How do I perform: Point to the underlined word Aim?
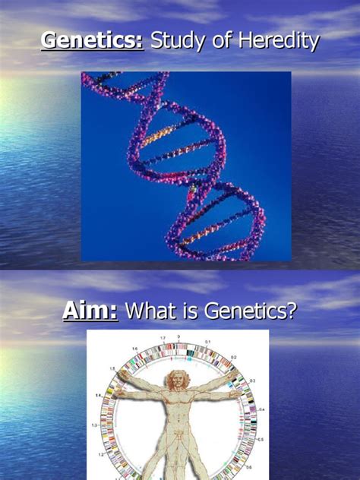click(90, 311)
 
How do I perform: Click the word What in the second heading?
click(152, 311)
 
